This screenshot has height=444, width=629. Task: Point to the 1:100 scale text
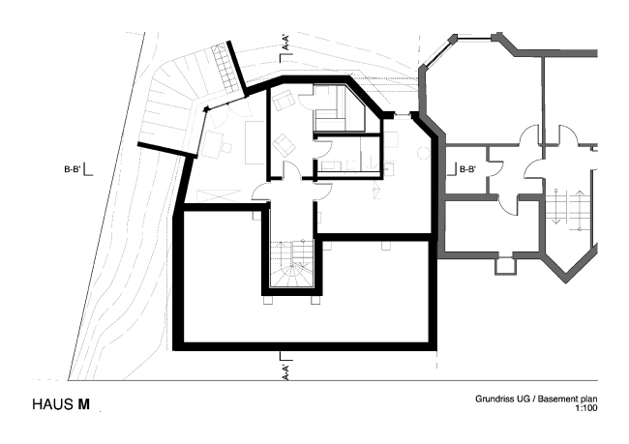[584, 409]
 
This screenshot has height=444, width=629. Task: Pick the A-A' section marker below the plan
[285, 369]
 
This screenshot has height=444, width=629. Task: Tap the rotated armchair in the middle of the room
[285, 146]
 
